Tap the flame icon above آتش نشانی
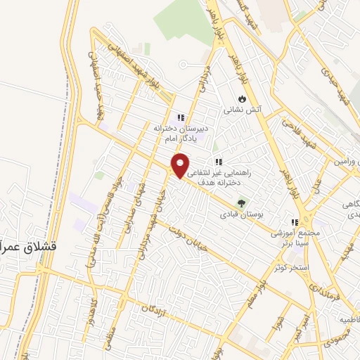click(242, 98)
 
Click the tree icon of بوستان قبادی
click(242, 202)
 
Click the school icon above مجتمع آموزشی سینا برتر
click(294, 222)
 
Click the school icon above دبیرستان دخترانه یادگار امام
click(181, 117)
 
